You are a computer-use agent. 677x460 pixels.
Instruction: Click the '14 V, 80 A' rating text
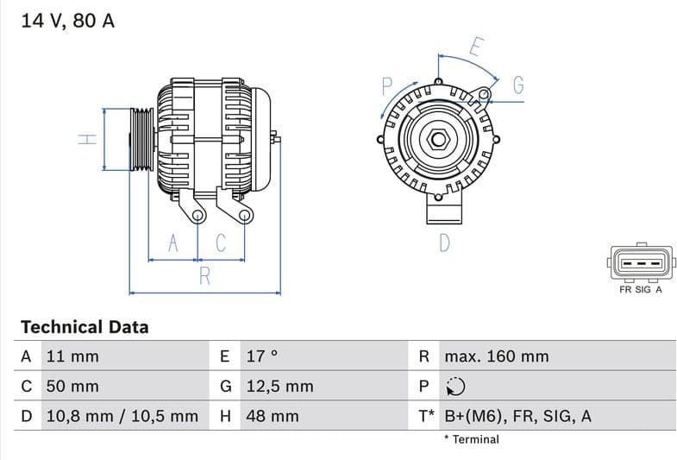click(x=67, y=21)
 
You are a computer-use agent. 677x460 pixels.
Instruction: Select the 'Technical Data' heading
click(x=85, y=327)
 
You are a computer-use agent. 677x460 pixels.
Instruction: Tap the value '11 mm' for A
click(x=72, y=356)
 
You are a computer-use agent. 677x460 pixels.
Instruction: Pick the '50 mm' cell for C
click(x=72, y=387)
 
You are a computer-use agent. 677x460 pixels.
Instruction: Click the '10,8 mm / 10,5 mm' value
click(x=121, y=417)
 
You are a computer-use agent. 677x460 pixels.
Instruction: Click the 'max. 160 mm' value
click(x=496, y=356)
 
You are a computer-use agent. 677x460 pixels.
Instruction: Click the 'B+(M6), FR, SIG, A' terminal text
click(x=517, y=417)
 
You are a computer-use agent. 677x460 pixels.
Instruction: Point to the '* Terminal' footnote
click(x=471, y=439)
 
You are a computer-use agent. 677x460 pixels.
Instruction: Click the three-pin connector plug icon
click(x=640, y=263)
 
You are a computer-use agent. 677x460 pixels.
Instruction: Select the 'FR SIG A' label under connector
click(x=640, y=290)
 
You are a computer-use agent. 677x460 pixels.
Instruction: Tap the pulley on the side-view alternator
click(x=141, y=140)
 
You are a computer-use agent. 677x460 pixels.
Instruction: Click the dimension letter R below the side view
click(x=205, y=276)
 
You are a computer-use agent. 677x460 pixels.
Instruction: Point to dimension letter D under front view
click(x=444, y=243)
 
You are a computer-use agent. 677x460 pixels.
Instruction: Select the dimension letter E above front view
click(x=475, y=47)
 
